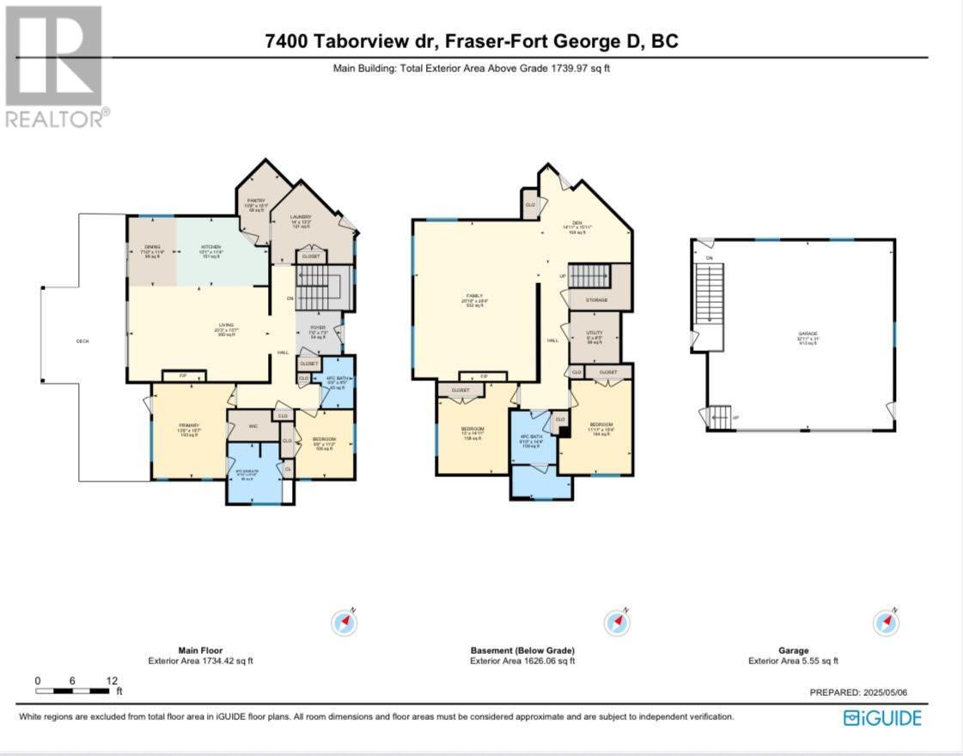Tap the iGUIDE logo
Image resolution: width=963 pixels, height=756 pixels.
[x=882, y=717]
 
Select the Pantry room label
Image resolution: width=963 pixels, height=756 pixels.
[x=257, y=203]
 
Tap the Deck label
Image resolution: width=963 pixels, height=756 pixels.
[x=82, y=341]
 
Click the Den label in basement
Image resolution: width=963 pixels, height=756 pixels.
[x=574, y=225]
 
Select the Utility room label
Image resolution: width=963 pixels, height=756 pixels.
[x=594, y=335]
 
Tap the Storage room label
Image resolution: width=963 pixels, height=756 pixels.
[x=597, y=299]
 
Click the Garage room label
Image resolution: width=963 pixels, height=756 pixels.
[x=808, y=335]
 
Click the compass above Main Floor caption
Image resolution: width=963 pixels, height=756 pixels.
[x=344, y=622]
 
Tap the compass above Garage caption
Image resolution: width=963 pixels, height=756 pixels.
[x=886, y=622]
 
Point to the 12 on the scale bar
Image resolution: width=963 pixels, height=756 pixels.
[x=112, y=680]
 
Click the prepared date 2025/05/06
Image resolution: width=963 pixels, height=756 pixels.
[x=869, y=692]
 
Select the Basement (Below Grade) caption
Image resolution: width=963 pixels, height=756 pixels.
[x=522, y=650]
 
